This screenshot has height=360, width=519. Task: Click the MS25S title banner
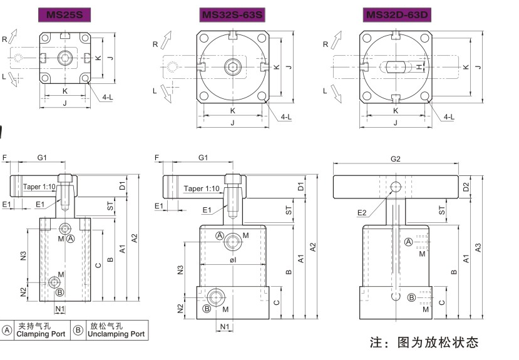(x=64, y=14)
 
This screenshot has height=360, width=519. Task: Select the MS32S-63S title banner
(x=232, y=14)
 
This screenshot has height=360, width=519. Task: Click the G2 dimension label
(x=395, y=159)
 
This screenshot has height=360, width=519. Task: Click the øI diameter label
(x=232, y=259)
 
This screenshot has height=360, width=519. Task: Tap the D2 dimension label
(x=466, y=187)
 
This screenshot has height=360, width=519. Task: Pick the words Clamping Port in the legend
(x=41, y=334)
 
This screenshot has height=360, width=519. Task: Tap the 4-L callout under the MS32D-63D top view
(x=449, y=116)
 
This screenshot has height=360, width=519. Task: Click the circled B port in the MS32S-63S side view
(x=207, y=309)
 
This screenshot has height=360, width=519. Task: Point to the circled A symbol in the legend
(x=8, y=330)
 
